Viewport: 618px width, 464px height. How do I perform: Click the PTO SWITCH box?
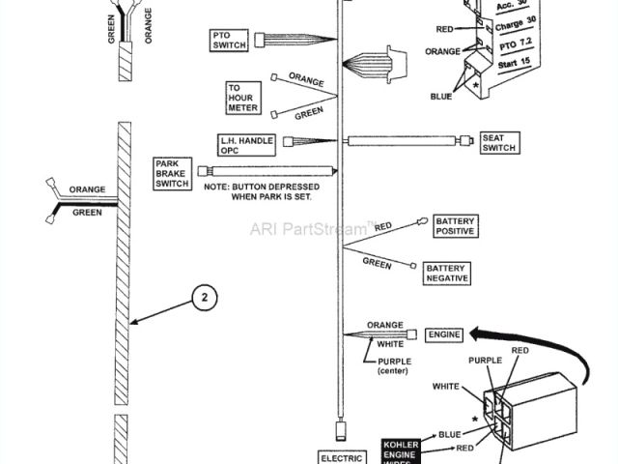230,41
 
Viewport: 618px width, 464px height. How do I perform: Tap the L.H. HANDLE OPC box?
245,145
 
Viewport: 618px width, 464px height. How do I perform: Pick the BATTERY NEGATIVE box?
447,273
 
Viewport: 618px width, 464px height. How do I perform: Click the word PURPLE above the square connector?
486,360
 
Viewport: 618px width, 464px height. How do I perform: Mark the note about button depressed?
256,190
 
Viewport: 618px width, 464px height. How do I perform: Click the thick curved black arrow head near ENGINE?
474,335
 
